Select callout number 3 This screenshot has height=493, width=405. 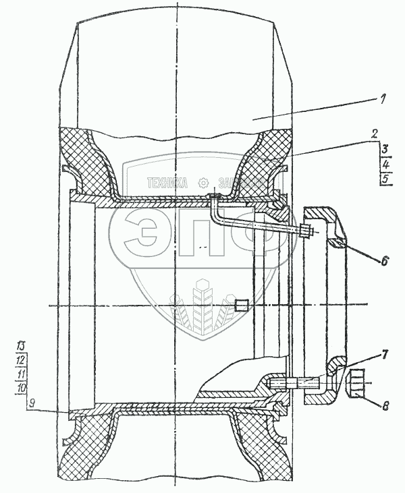384,149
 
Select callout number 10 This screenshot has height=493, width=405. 20,388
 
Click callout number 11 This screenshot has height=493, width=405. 20,374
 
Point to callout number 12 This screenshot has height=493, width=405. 20,359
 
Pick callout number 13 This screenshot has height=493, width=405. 20,346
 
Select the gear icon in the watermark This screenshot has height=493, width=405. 202,183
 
